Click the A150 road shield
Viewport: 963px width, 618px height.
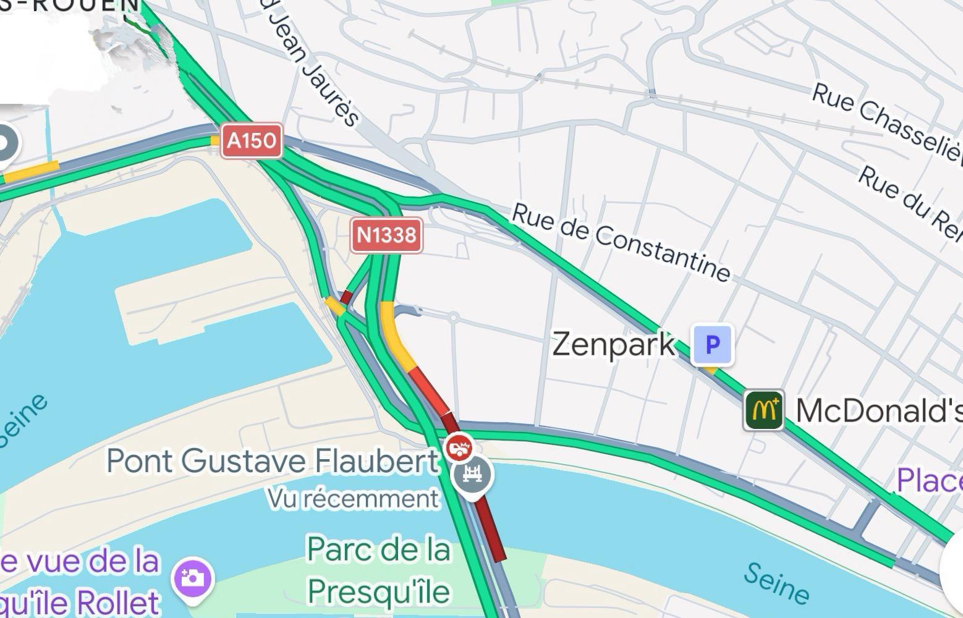tap(252, 141)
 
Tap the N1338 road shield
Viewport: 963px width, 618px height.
tap(387, 235)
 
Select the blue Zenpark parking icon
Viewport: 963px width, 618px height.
tap(713, 344)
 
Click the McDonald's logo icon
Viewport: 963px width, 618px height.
tap(763, 409)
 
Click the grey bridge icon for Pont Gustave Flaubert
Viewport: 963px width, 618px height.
tap(473, 475)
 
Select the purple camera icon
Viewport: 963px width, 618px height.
tap(193, 578)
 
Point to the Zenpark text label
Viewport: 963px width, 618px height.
tap(613, 344)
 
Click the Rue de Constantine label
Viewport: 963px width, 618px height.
tap(621, 242)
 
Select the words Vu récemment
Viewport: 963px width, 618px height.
tap(353, 498)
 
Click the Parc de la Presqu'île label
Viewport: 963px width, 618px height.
tap(378, 570)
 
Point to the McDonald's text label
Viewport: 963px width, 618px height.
tap(878, 410)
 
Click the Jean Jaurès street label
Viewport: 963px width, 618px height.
tap(313, 68)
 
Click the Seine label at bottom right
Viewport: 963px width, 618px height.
tap(776, 582)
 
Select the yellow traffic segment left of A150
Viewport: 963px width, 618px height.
tap(31, 172)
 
